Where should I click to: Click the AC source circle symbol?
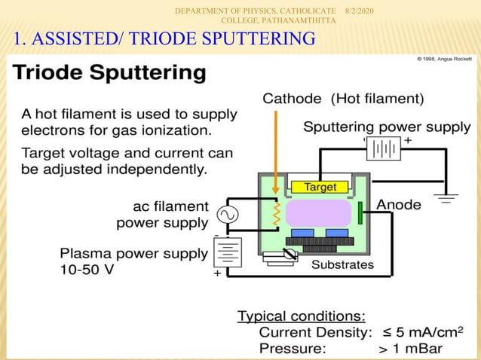click(227, 215)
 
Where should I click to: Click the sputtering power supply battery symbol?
click(383, 149)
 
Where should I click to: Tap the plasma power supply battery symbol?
click(227, 253)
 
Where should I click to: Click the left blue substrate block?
click(303, 232)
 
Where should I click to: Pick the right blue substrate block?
click(337, 232)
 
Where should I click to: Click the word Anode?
click(399, 203)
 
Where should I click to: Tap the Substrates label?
click(342, 264)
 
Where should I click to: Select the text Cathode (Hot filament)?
click(343, 98)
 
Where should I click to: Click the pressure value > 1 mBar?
click(410, 349)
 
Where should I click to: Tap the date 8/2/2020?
click(363, 9)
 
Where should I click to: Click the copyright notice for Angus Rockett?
click(446, 59)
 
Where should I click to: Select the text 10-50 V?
click(87, 269)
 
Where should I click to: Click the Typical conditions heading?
click(302, 316)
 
